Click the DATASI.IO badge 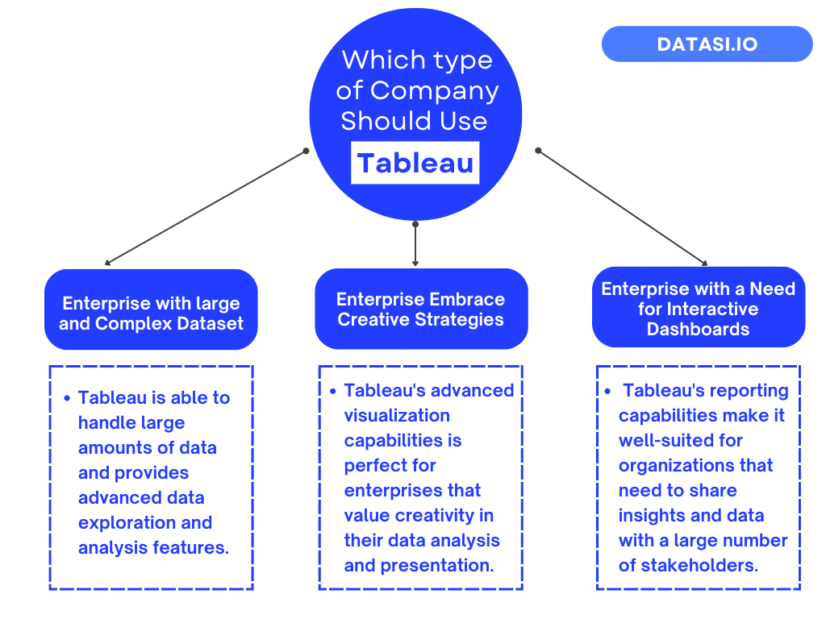point(707,44)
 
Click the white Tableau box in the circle point(415,163)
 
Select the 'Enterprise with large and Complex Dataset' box point(151,314)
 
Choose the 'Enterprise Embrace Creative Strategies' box point(421,309)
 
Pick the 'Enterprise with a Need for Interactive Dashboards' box point(699,309)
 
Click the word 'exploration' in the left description point(123,522)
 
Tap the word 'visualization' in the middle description point(397,415)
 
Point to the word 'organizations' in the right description point(695,465)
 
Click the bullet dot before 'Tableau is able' point(67,398)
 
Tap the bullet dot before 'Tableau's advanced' point(332,391)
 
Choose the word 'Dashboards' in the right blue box point(699,329)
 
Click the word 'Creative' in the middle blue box point(375,319)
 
